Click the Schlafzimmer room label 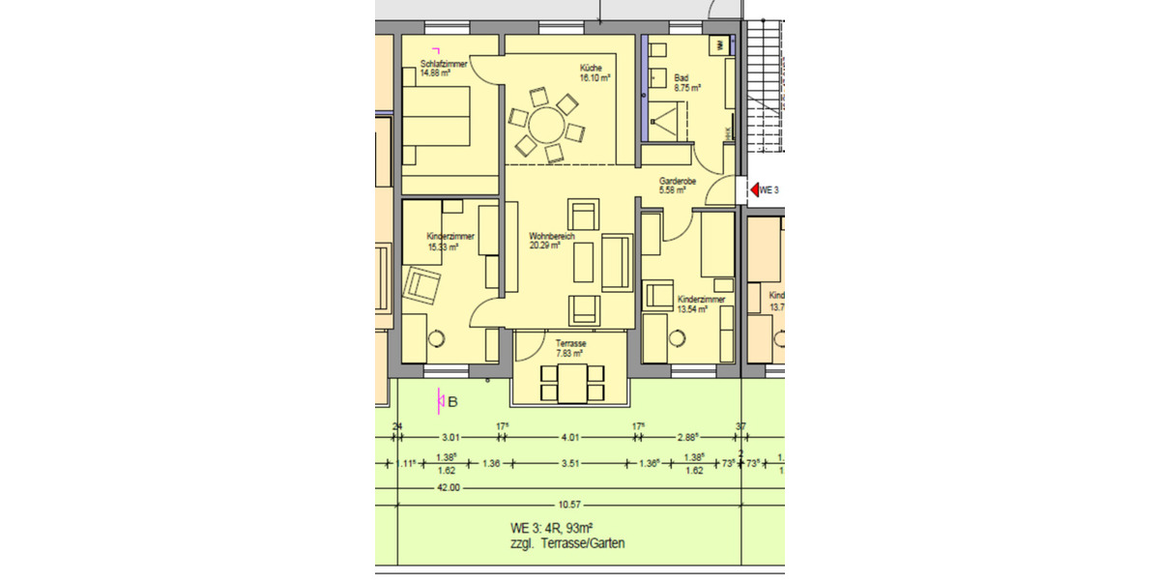coord(444,65)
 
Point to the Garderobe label coord(678,181)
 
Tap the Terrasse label coord(569,343)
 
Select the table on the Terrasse coord(571,383)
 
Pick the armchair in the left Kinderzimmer coord(422,285)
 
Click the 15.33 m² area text coord(443,246)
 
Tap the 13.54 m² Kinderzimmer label coord(701,310)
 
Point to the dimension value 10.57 coord(570,504)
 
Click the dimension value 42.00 coord(449,488)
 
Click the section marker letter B coord(451,401)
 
